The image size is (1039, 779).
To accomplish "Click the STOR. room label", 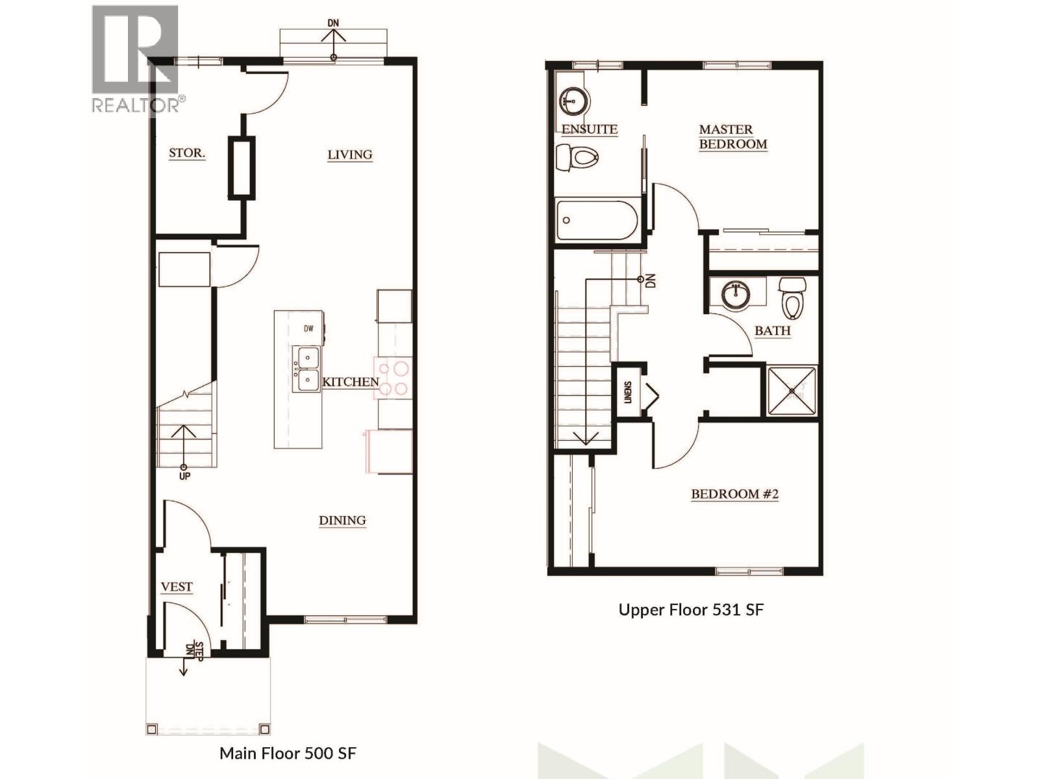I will point(187,153).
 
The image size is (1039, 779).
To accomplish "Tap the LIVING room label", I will point(349,155).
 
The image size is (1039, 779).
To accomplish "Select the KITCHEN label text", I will point(351,382).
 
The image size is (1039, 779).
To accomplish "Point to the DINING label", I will point(342,520).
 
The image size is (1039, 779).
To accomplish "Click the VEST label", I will point(177,587).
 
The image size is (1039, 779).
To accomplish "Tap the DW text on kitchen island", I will point(308,328).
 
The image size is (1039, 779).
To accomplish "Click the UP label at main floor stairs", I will point(184,476).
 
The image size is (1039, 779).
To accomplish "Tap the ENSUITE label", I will point(589,129).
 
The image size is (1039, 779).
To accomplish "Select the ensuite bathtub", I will point(597,221).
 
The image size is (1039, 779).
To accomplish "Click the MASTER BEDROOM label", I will point(732,137).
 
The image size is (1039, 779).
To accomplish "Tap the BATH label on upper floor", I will point(772,330).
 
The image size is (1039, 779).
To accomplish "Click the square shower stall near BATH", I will point(792,391).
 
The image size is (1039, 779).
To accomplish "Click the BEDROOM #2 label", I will point(734,494).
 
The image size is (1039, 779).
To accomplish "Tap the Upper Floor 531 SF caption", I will point(691,610).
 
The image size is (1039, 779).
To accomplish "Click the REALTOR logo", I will point(135,58).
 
